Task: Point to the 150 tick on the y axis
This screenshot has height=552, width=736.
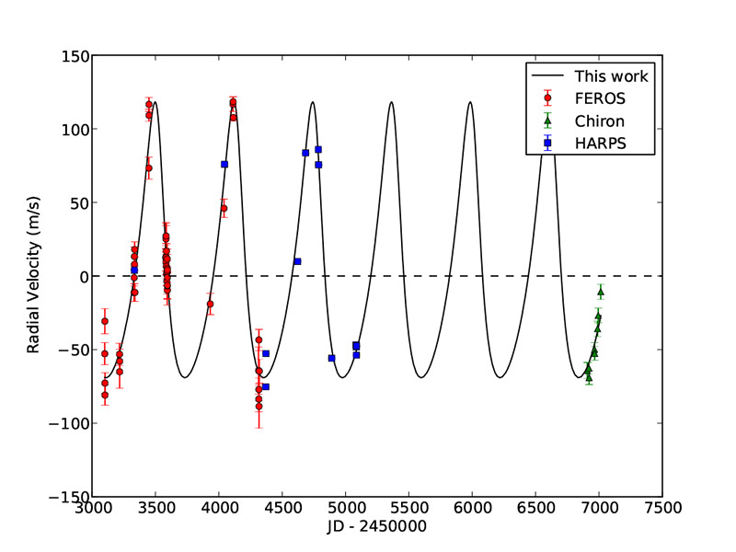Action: [x=75, y=56]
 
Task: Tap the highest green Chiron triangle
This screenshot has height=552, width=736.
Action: [x=601, y=292]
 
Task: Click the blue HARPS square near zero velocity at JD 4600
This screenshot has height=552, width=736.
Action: [x=297, y=261]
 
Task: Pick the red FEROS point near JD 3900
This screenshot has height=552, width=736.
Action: [x=210, y=304]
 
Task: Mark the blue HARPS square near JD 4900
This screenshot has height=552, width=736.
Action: [x=331, y=358]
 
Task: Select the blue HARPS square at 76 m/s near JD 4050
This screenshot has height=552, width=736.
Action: [x=224, y=164]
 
